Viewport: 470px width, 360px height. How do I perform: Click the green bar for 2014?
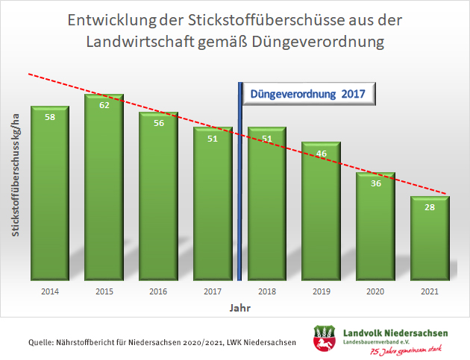(50, 194)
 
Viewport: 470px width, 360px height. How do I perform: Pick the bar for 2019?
(321, 212)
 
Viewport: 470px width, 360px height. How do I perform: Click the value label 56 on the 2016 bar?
(158, 124)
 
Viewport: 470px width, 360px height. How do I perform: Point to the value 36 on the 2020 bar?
(375, 183)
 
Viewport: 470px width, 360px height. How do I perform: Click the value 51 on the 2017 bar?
(213, 138)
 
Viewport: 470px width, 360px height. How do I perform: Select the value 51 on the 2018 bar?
(266, 138)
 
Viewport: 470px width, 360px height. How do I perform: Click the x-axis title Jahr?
(239, 306)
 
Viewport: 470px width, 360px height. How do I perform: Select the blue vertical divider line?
(240, 179)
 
